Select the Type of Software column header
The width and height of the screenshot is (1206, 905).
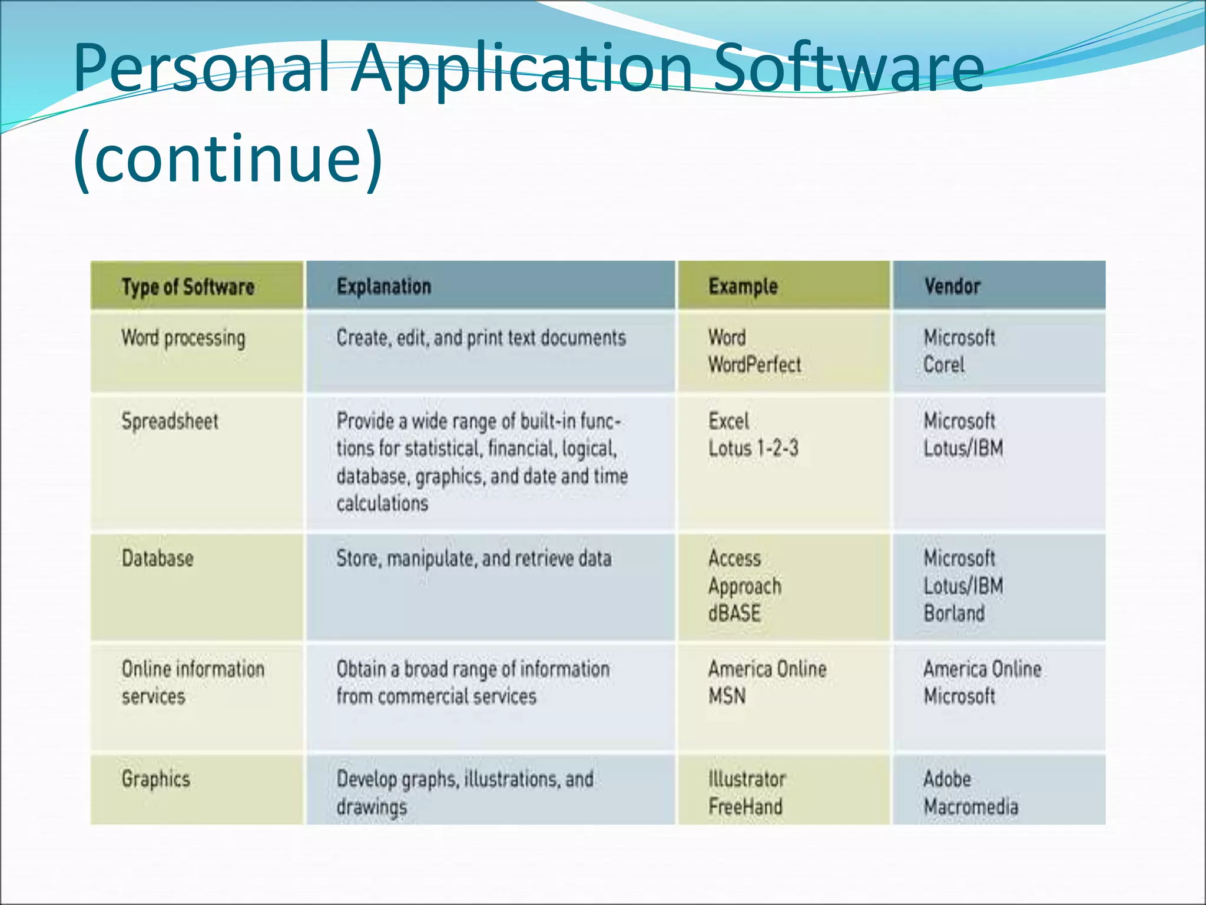(x=188, y=287)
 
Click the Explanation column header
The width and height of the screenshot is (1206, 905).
(x=384, y=286)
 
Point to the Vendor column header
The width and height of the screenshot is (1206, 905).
(x=952, y=286)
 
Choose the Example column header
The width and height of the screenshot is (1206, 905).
(x=743, y=287)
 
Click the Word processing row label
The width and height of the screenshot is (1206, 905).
(x=183, y=338)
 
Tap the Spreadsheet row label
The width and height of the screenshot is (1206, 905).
(x=170, y=421)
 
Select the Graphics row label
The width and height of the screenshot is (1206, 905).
(x=156, y=779)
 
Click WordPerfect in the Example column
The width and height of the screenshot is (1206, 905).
(x=754, y=365)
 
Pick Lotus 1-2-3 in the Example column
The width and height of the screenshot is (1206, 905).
(x=753, y=448)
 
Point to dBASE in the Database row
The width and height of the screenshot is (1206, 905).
(x=734, y=613)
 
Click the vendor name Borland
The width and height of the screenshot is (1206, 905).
(x=954, y=613)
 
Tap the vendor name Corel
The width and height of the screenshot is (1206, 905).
(x=944, y=365)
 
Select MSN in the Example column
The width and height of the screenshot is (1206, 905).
(x=727, y=696)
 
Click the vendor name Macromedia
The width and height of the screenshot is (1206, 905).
(x=970, y=806)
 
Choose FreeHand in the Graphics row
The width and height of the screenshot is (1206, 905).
(x=746, y=806)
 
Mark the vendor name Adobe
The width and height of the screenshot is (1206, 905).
(x=947, y=779)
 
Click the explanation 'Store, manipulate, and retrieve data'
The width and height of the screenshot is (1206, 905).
(x=473, y=559)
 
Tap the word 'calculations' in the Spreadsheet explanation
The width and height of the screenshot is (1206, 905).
(x=382, y=503)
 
